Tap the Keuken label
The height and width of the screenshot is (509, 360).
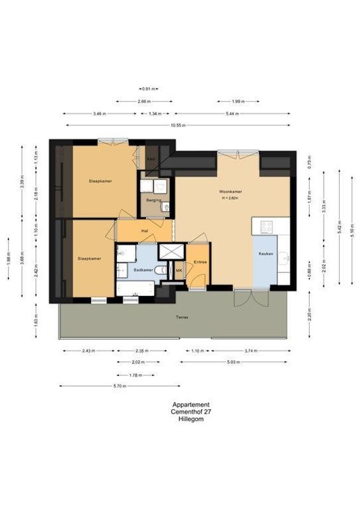[266, 254]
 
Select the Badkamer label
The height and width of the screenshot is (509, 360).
[144, 270]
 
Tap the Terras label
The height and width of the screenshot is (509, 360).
[183, 316]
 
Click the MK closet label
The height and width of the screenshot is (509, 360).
[179, 270]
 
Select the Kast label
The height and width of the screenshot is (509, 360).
[151, 158]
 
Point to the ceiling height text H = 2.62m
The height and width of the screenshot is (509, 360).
[229, 198]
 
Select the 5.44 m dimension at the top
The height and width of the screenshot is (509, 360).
[233, 113]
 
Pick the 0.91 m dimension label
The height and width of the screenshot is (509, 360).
[148, 88]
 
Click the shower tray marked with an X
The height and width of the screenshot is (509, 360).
[170, 251]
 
